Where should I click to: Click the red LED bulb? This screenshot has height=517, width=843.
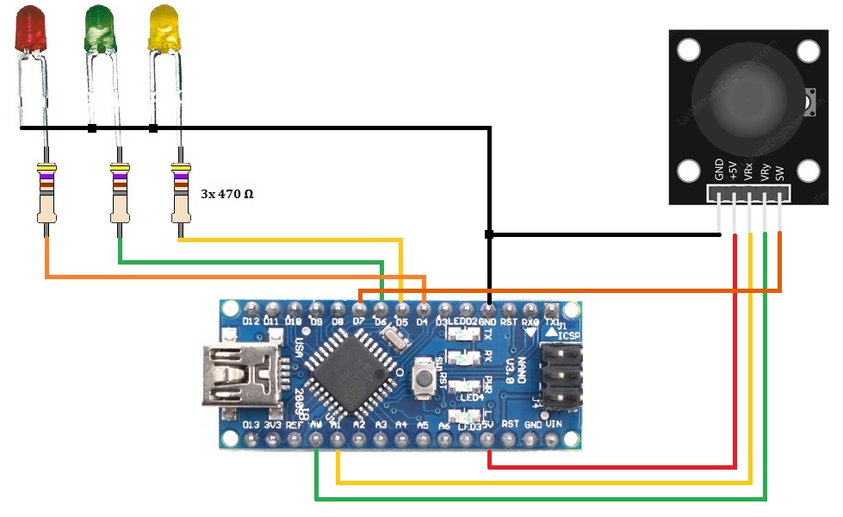[x=31, y=27]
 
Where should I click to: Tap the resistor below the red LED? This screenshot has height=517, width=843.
[x=47, y=193]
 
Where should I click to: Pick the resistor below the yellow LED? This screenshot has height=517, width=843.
[x=180, y=193]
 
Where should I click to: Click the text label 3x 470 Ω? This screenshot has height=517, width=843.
[x=226, y=194]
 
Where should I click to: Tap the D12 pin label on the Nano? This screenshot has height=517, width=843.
[x=251, y=322]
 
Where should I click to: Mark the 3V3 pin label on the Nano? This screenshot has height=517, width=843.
[x=274, y=424]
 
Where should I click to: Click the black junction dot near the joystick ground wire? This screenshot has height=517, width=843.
[x=489, y=234]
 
